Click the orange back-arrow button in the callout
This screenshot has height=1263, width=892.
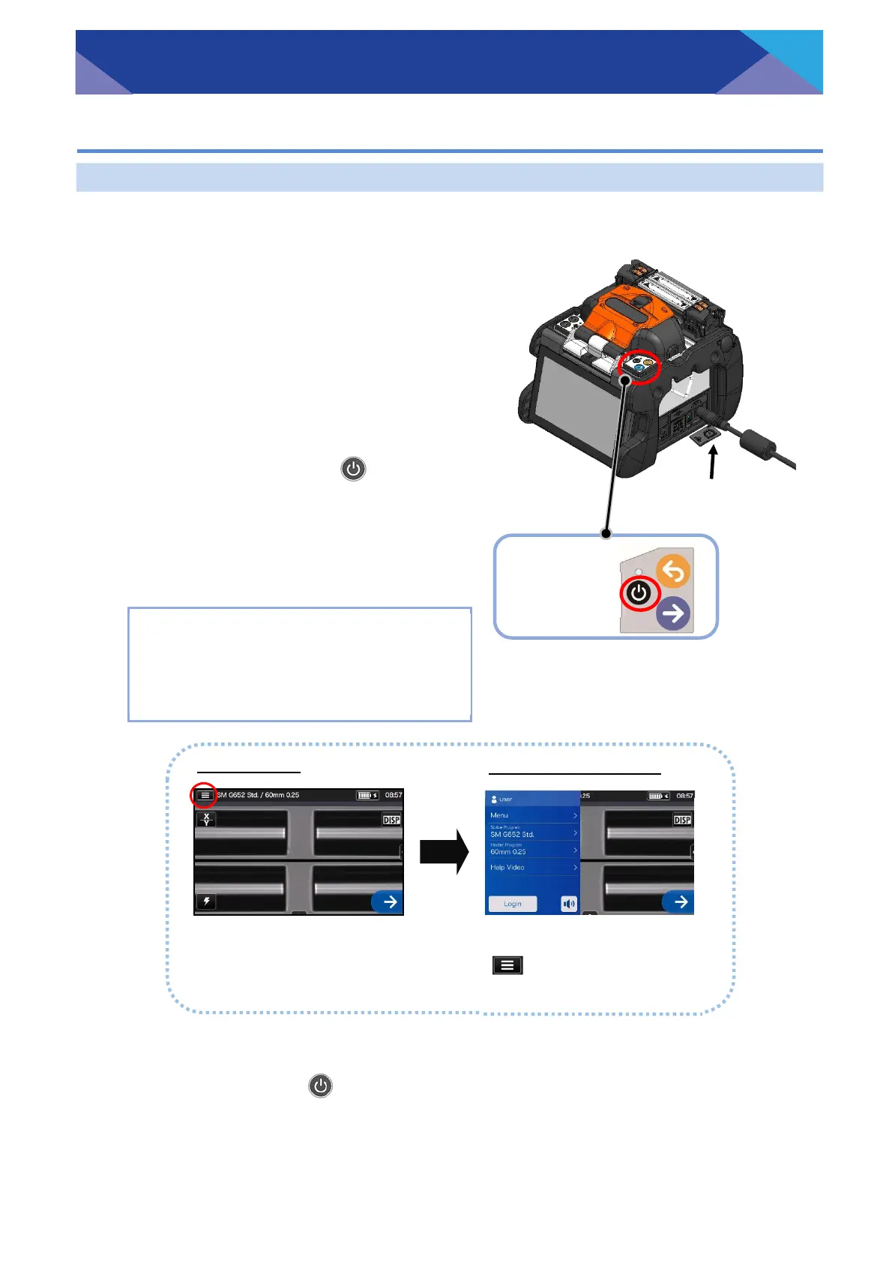coord(673,572)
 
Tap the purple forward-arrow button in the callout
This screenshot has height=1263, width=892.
coord(673,613)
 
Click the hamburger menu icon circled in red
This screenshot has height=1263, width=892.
coord(205,795)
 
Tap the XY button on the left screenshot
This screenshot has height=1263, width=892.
coord(207,819)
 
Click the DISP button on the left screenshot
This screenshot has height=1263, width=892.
coord(391,820)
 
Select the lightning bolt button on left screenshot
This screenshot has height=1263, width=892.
coord(207,901)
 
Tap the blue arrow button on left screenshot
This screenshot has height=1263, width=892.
coord(388,901)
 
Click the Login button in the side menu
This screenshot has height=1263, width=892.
coord(513,904)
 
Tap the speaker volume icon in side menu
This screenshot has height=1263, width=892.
coord(569,904)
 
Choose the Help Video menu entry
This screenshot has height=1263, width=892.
coord(532,867)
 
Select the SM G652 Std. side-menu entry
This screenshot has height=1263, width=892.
coord(532,832)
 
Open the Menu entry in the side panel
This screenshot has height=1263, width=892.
coord(532,815)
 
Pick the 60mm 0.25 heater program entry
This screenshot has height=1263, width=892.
coord(532,850)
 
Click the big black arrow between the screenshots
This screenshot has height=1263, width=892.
coord(444,853)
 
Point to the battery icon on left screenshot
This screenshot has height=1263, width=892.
coord(365,795)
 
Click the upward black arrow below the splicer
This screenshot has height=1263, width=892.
coord(713,462)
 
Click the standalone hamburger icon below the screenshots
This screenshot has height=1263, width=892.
coord(507,965)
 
